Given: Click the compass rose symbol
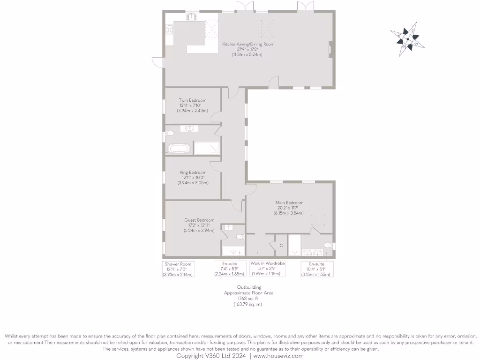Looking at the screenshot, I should [x=407, y=38].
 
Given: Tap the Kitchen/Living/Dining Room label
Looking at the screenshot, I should [x=248, y=49].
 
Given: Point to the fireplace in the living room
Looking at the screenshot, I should [x=331, y=49].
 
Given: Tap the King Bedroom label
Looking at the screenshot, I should [x=193, y=177].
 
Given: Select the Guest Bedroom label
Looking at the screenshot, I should [x=199, y=225].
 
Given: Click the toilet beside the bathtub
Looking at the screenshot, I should [x=169, y=133].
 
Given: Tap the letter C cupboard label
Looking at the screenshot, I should [x=281, y=246].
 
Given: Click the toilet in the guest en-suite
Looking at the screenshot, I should [x=240, y=237].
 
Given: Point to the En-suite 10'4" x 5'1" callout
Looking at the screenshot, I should [x=317, y=269].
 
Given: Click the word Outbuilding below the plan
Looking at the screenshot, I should [x=248, y=287].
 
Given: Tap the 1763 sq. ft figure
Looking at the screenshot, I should [x=248, y=299].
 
